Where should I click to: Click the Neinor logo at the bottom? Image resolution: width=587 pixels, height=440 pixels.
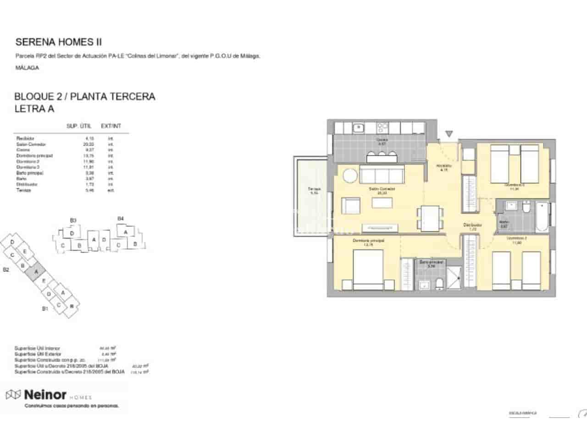coord(37,395)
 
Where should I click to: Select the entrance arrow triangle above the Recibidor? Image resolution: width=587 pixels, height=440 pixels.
coord(449,134)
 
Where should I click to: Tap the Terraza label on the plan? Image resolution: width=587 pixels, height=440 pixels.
coord(314,190)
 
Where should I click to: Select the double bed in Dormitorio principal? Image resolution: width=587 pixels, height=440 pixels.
coord(368,270)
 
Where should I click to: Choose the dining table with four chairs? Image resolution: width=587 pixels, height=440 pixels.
coord(431,218)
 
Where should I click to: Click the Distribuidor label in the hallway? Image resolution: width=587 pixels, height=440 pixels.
coord(472,225)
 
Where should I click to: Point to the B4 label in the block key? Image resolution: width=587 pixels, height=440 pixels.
coord(121,219)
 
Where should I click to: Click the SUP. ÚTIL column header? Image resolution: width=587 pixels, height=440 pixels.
coord(79,126)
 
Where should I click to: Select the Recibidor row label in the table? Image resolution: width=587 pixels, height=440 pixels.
coord(25,138)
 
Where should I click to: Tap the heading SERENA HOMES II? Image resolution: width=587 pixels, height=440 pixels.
coord(59,42)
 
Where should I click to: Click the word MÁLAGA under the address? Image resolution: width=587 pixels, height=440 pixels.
coord(27,68)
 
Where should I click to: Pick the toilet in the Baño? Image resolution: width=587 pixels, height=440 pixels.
coord(526,209)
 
